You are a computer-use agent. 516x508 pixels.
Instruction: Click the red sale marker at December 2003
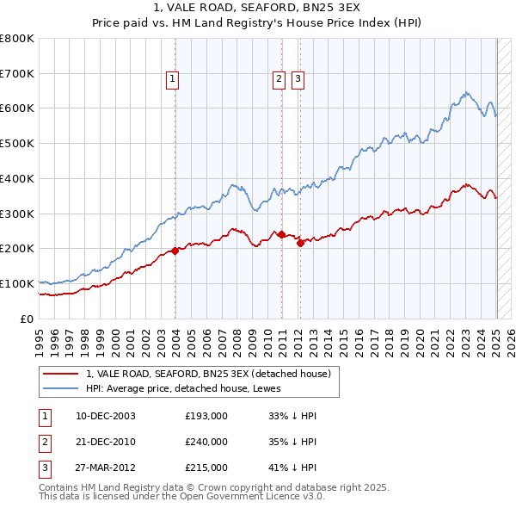[175, 251]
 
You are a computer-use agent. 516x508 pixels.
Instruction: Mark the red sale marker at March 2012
[301, 243]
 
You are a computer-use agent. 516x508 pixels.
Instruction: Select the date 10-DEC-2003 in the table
[106, 416]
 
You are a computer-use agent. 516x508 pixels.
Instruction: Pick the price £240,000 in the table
[206, 442]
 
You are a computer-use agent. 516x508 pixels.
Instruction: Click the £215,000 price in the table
[206, 468]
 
